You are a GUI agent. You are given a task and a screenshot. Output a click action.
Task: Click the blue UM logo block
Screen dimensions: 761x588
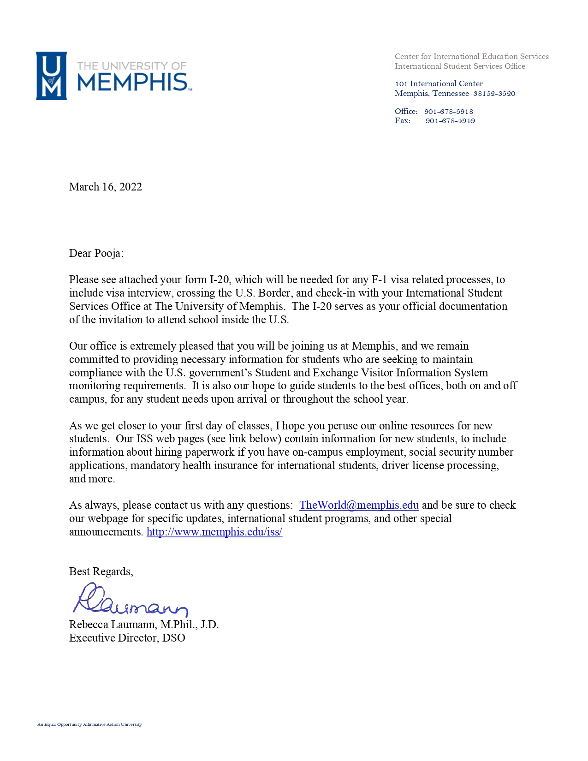[51, 76]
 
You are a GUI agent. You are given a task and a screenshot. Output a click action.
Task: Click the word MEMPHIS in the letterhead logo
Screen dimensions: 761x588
[132, 83]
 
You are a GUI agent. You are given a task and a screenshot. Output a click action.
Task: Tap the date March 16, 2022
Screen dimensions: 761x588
[105, 187]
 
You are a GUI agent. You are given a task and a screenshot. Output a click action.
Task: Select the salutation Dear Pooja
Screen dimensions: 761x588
[96, 253]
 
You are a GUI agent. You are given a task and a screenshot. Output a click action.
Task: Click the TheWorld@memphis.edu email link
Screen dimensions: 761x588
[359, 505]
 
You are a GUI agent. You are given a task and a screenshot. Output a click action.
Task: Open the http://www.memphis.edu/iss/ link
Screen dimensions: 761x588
[214, 532]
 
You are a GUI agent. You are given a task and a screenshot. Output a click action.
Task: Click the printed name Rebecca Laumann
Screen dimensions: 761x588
[112, 624]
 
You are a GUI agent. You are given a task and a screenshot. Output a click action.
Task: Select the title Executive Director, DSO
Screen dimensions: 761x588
[127, 638]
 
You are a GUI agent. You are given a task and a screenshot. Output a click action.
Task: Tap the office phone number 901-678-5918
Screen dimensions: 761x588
[448, 112]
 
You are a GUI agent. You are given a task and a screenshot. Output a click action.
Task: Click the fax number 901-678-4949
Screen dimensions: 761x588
[450, 121]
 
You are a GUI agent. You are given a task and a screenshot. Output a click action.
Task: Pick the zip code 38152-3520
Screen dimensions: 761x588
[494, 94]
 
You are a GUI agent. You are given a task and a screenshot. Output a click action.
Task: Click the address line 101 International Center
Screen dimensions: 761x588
[439, 84]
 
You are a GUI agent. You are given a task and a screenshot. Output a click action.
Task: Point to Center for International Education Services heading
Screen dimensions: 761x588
[471, 56]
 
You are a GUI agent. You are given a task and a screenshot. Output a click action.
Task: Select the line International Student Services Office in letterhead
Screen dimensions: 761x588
[460, 66]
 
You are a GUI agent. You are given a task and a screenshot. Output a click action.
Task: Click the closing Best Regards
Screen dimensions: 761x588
[101, 571]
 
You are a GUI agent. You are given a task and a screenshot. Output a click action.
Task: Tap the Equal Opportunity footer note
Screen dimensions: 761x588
[89, 725]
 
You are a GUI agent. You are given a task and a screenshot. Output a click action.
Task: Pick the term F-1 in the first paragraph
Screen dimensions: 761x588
[379, 279]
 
